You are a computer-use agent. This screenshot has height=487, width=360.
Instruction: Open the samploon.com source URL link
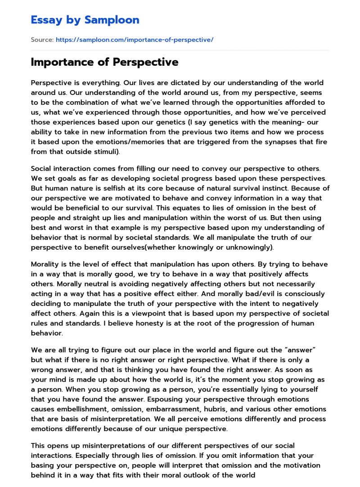point(134,40)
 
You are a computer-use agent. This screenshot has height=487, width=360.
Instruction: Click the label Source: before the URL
point(42,40)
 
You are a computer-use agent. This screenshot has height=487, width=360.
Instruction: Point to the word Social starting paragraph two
point(41,169)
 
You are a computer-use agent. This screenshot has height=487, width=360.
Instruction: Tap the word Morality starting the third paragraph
point(45,264)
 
